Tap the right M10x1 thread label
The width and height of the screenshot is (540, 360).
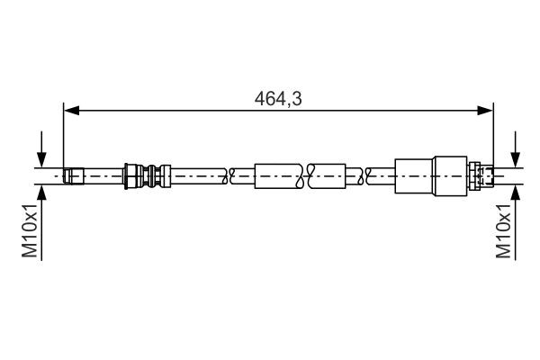tap(504, 231)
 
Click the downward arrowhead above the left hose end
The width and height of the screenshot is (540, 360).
tap(41, 158)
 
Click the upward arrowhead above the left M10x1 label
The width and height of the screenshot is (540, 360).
tap(41, 192)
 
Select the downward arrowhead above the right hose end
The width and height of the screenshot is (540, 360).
tap(516, 158)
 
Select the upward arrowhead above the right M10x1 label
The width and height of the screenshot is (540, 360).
tap(516, 192)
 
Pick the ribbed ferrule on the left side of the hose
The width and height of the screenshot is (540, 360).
tap(145, 175)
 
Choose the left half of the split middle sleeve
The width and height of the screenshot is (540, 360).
tap(279, 175)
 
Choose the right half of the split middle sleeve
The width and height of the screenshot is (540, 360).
tap(328, 175)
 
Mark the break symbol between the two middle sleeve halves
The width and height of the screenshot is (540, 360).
tap(303, 175)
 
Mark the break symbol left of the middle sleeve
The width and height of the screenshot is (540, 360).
tap(234, 175)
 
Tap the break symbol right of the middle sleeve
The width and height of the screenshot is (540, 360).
tap(362, 175)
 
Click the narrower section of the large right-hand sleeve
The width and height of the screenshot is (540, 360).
tap(415, 175)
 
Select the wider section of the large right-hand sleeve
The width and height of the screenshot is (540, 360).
tap(452, 175)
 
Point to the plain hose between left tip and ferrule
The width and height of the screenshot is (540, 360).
tap(103, 175)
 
